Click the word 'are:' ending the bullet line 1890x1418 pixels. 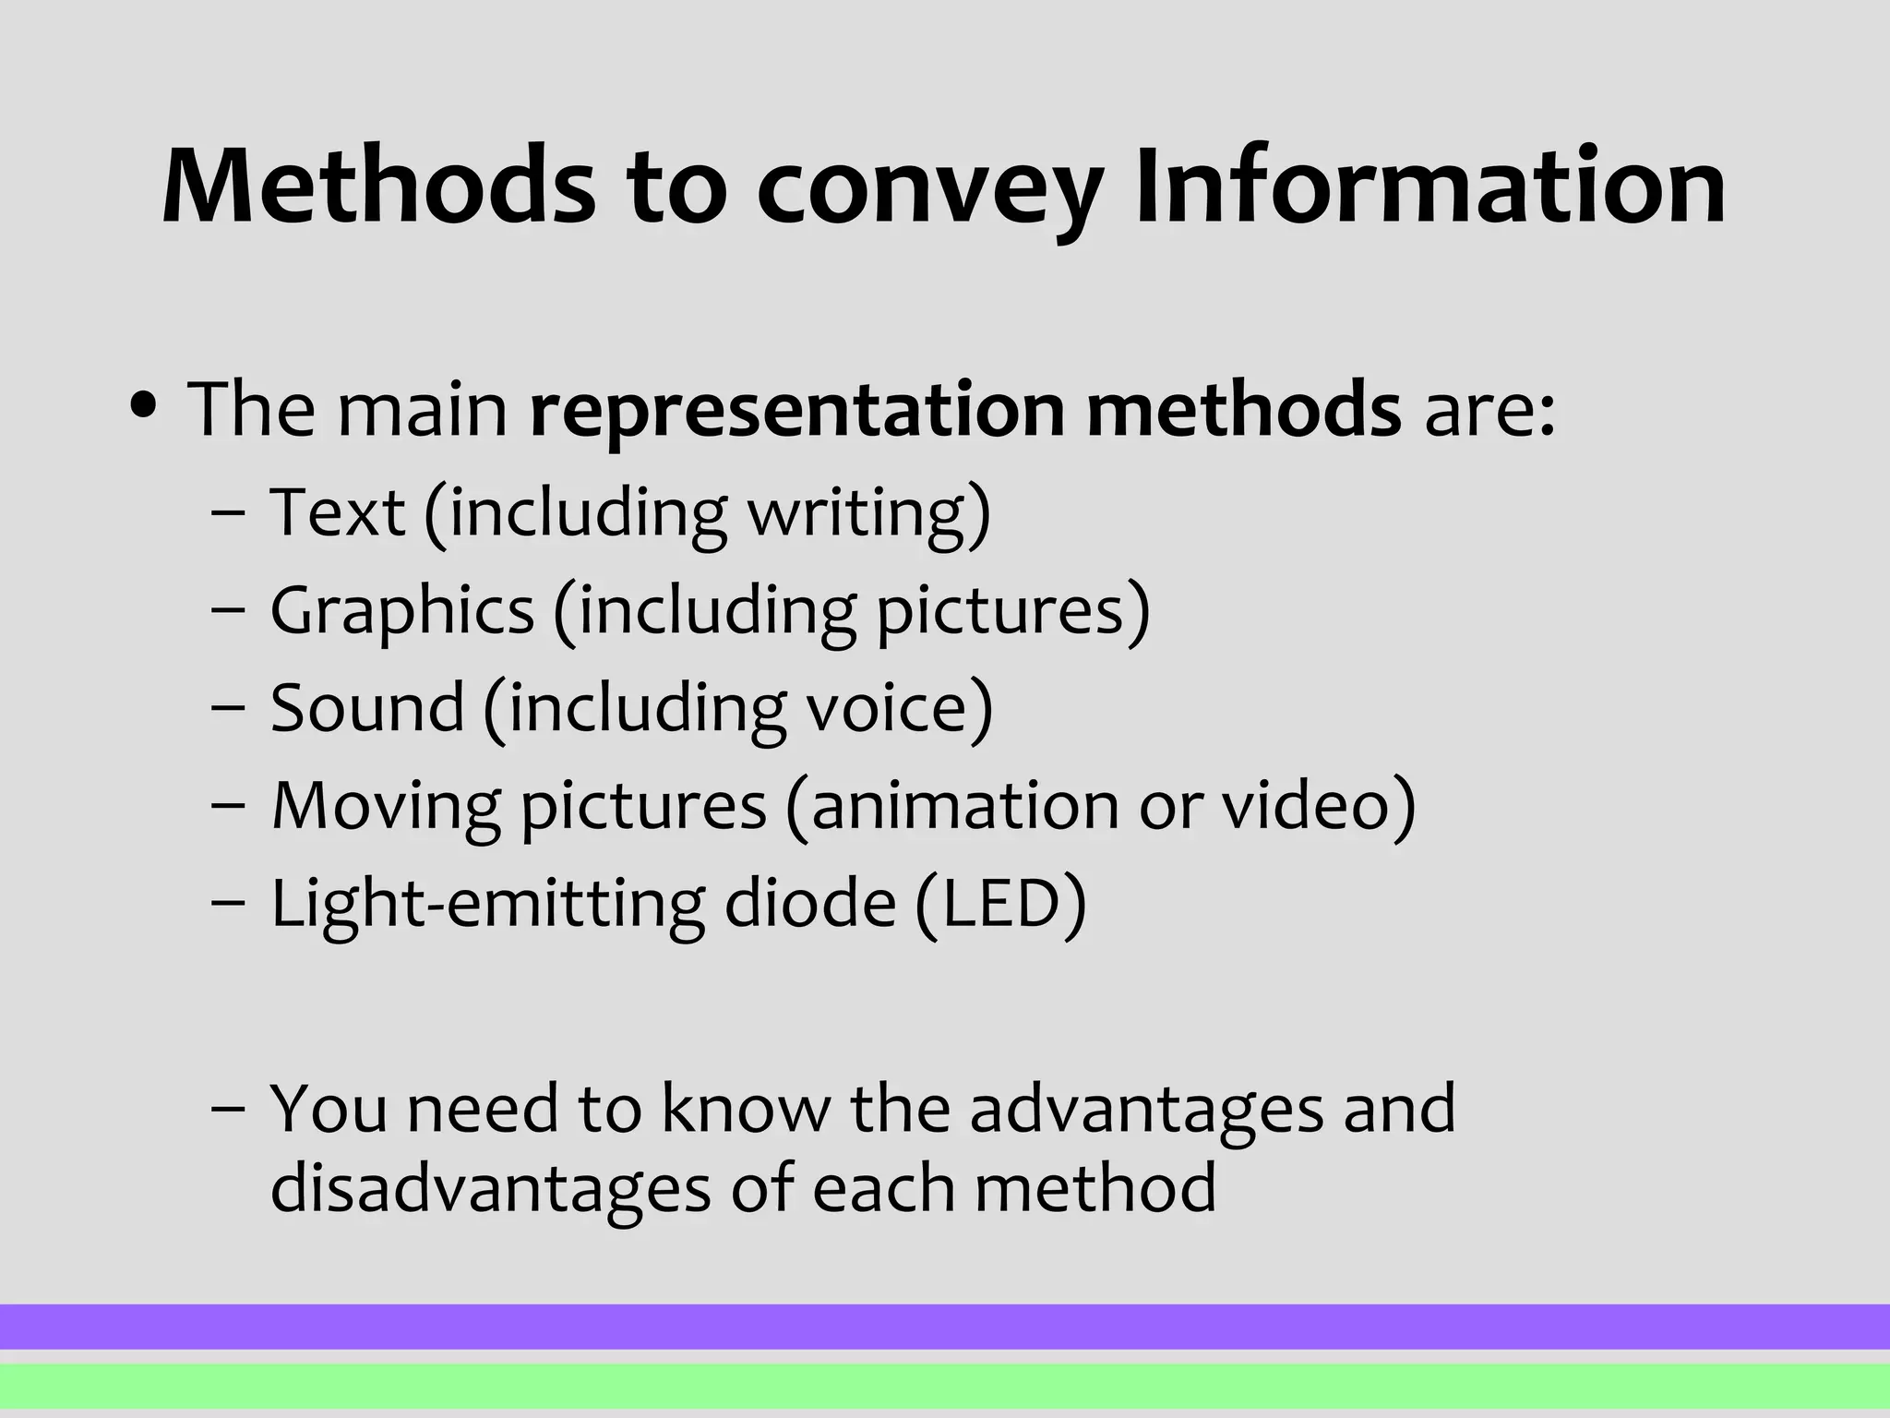point(1489,410)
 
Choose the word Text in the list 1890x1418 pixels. point(337,512)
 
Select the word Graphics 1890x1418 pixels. point(401,612)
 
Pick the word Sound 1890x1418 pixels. point(367,708)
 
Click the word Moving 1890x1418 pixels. point(386,807)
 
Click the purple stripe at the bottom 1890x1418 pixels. point(945,1327)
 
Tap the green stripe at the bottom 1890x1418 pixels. point(945,1386)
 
